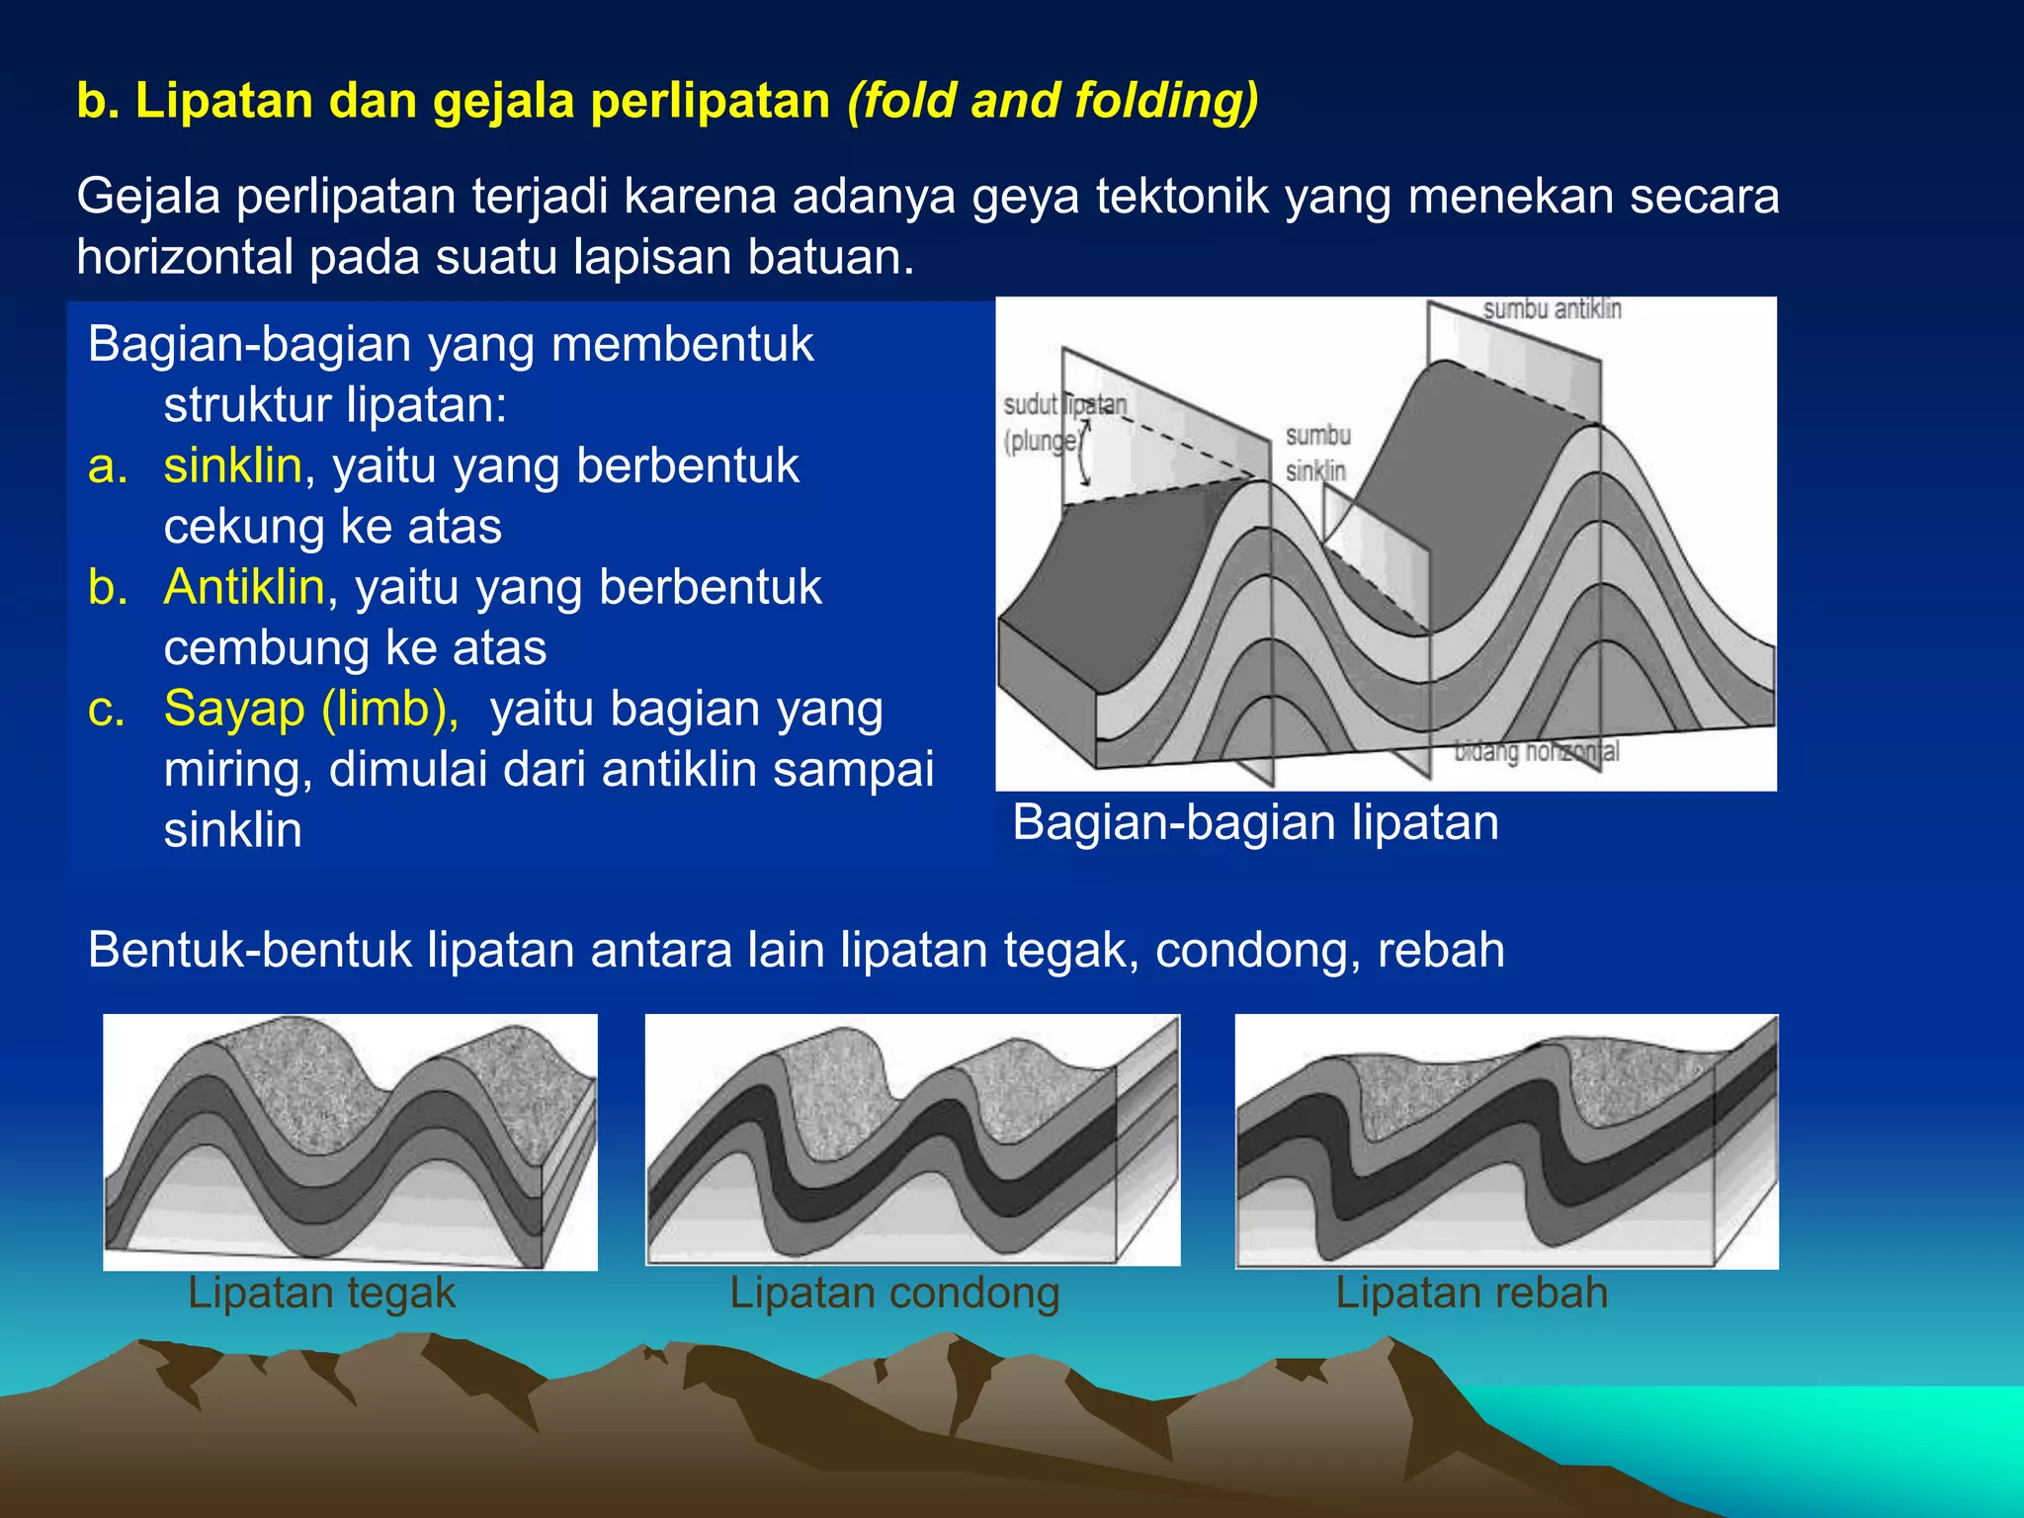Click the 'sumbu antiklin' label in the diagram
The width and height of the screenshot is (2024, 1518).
tap(1552, 309)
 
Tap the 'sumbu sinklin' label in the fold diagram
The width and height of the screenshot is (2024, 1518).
tap(1316, 453)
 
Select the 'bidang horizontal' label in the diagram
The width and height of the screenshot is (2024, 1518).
tap(1537, 752)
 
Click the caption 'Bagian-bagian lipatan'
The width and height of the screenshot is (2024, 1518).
tap(1255, 823)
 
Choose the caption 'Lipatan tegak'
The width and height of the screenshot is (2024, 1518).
tap(321, 1293)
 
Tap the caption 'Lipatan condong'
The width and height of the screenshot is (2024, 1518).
tap(894, 1293)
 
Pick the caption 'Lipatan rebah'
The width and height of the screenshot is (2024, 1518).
tap(1472, 1293)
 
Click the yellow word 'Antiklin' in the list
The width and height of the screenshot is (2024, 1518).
tap(244, 587)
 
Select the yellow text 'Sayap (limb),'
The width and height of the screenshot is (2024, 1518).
tap(311, 709)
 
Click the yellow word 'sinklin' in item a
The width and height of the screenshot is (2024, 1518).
tap(232, 465)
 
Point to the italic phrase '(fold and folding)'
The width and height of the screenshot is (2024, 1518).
tap(1053, 101)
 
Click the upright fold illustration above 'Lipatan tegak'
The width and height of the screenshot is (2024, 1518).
tap(350, 1141)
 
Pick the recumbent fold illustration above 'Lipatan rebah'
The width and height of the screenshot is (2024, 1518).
tap(1506, 1141)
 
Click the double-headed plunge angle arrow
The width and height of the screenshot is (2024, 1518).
tap(1084, 453)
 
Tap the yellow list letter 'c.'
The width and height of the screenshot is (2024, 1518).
tap(107, 709)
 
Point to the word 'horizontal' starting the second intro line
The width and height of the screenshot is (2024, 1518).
tap(185, 257)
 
